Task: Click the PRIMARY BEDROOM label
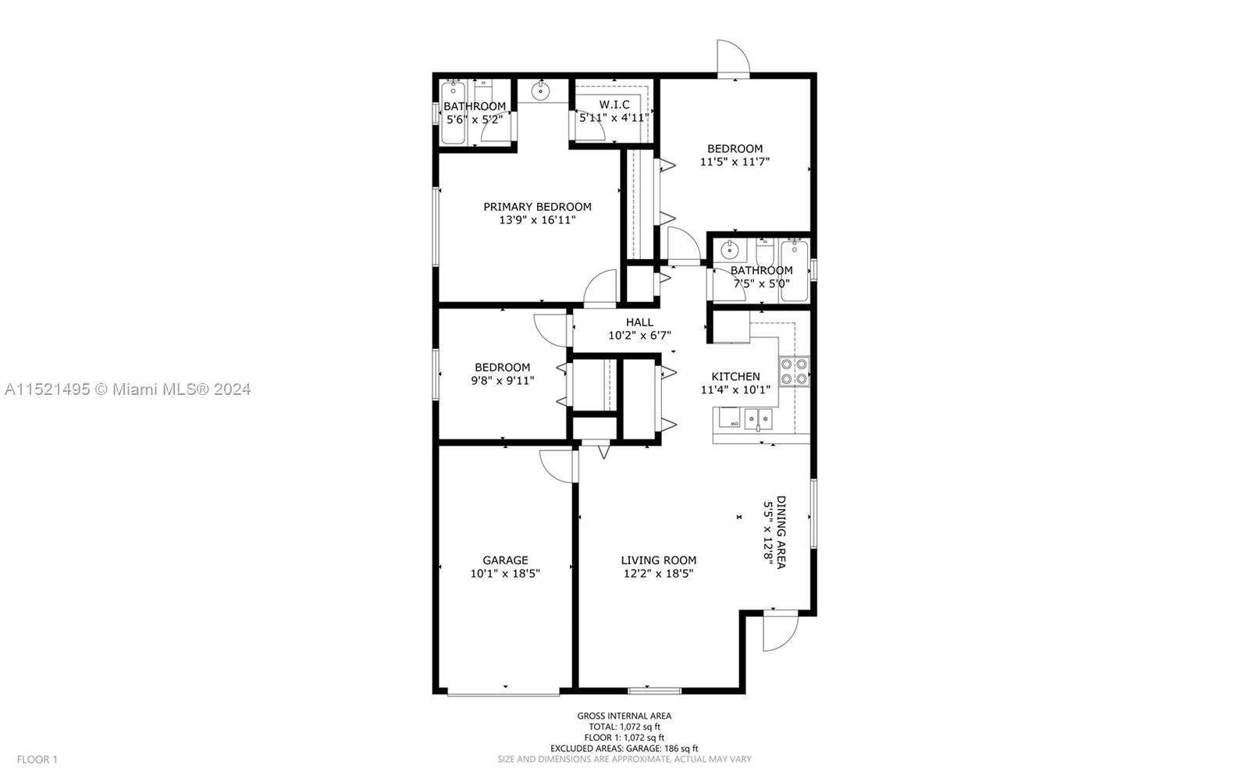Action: point(537,207)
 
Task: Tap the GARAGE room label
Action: point(505,560)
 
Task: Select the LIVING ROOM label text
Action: point(659,560)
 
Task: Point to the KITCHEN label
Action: point(735,376)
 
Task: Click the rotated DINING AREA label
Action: point(781,532)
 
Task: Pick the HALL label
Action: point(639,322)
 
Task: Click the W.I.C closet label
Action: point(614,105)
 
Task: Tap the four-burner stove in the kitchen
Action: point(794,372)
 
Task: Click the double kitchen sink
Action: point(758,419)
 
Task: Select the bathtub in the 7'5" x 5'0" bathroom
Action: point(794,271)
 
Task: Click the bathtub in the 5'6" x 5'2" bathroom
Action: point(453,112)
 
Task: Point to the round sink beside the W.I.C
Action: point(540,90)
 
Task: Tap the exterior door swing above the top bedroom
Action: point(734,57)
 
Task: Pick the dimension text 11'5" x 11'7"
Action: point(735,162)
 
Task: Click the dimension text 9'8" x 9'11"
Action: point(503,381)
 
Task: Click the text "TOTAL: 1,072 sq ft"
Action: point(624,727)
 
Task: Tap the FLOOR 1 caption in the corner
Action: point(37,759)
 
